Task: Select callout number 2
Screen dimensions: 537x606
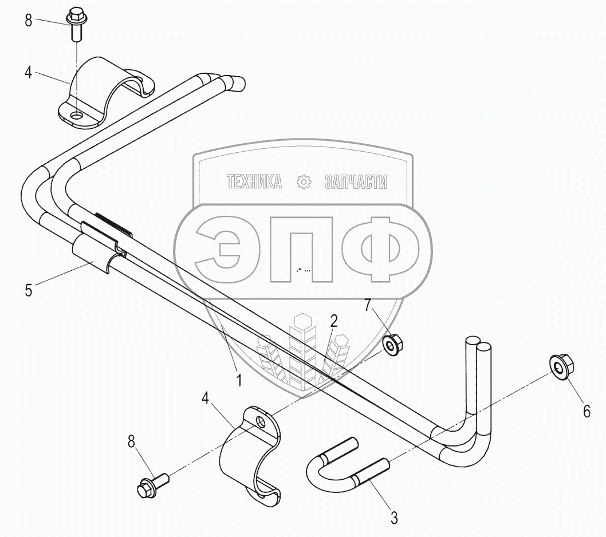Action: tap(334, 322)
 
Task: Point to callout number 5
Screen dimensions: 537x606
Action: tap(28, 290)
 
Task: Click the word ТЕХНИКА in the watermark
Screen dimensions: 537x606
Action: tap(254, 183)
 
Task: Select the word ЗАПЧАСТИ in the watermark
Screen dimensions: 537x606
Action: tap(356, 183)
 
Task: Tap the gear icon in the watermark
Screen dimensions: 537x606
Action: tap(303, 183)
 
